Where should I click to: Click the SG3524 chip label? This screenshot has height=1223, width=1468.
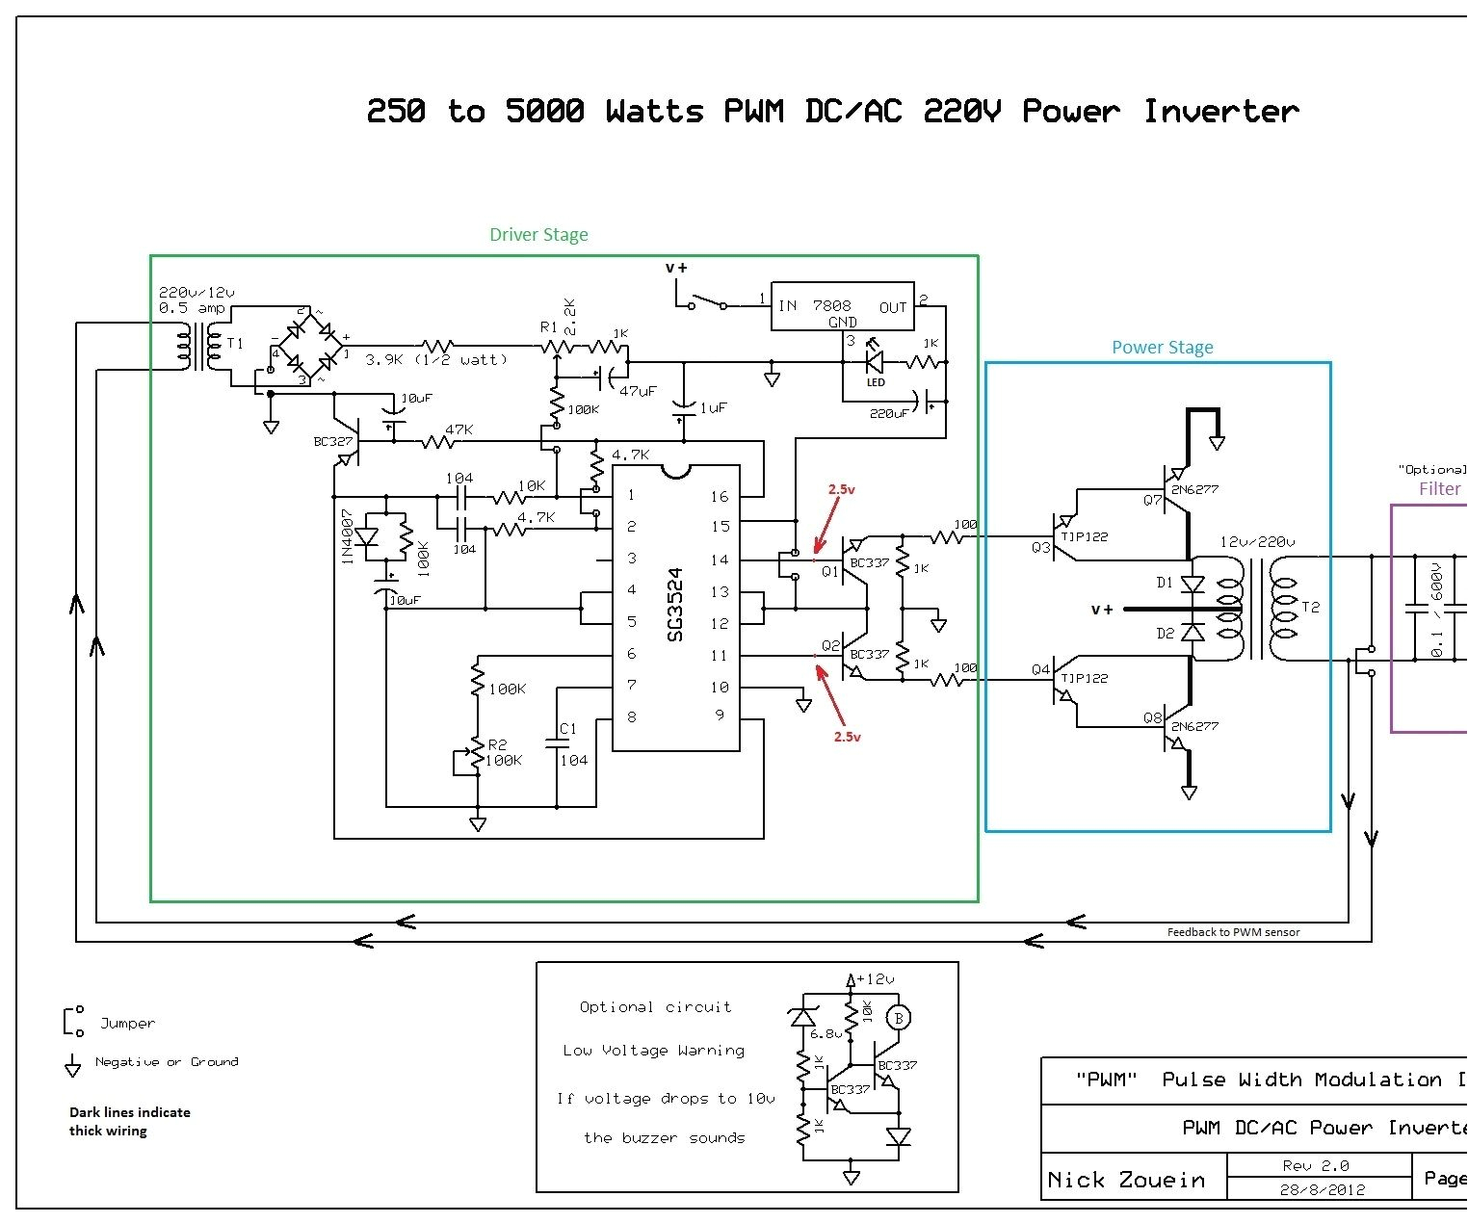pyautogui.click(x=675, y=604)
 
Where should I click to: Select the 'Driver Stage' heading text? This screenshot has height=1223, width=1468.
pyautogui.click(x=538, y=235)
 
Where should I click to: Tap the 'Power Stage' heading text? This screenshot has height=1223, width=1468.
pyautogui.click(x=1162, y=348)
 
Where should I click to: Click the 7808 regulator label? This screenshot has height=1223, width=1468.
pyautogui.click(x=831, y=305)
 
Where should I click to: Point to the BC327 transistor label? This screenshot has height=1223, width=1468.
pyautogui.click(x=333, y=442)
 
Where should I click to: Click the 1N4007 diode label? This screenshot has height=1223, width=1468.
pyautogui.click(x=348, y=536)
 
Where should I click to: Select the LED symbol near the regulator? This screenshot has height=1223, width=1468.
pyautogui.click(x=875, y=361)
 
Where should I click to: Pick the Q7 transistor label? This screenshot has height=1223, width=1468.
pyautogui.click(x=1152, y=500)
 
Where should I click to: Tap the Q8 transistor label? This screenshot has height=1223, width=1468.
pyautogui.click(x=1152, y=717)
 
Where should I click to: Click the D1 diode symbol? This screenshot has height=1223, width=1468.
pyautogui.click(x=1193, y=584)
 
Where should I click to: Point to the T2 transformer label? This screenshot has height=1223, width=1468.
pyautogui.click(x=1310, y=607)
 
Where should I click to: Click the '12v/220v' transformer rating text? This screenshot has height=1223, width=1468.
pyautogui.click(x=1257, y=542)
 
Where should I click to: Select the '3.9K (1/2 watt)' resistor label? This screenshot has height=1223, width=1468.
pyautogui.click(x=435, y=360)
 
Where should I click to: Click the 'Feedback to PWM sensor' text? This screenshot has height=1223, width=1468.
pyautogui.click(x=1233, y=932)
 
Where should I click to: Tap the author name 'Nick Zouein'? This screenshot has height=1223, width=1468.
pyautogui.click(x=1125, y=1180)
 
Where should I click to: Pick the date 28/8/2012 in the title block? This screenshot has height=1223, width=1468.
pyautogui.click(x=1322, y=1189)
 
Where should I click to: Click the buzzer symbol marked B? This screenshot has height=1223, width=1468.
pyautogui.click(x=898, y=1018)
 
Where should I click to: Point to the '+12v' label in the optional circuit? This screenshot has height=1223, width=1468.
pyautogui.click(x=875, y=979)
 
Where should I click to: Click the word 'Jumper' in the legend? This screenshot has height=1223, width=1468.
pyautogui.click(x=127, y=1024)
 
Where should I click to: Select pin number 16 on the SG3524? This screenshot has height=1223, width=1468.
pyautogui.click(x=719, y=497)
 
